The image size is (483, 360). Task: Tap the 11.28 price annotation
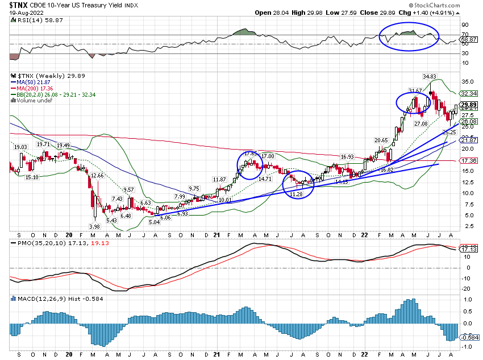297,195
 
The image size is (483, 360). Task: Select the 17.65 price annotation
251,154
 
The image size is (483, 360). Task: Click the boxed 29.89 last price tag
469,105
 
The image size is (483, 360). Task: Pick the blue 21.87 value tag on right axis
469,140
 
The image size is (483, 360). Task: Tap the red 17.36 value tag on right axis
469,160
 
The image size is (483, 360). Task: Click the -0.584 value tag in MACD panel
469,338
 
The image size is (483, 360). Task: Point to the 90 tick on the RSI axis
465,25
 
